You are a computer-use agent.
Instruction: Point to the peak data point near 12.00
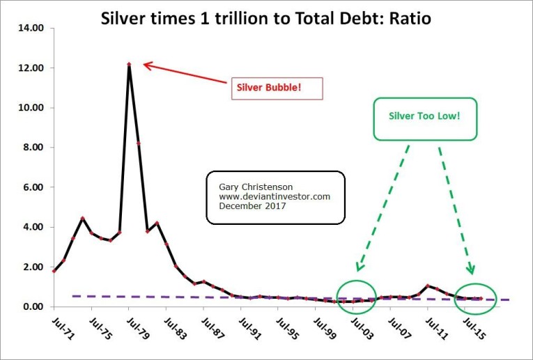(x=129, y=65)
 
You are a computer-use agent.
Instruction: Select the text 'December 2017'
(x=245, y=206)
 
